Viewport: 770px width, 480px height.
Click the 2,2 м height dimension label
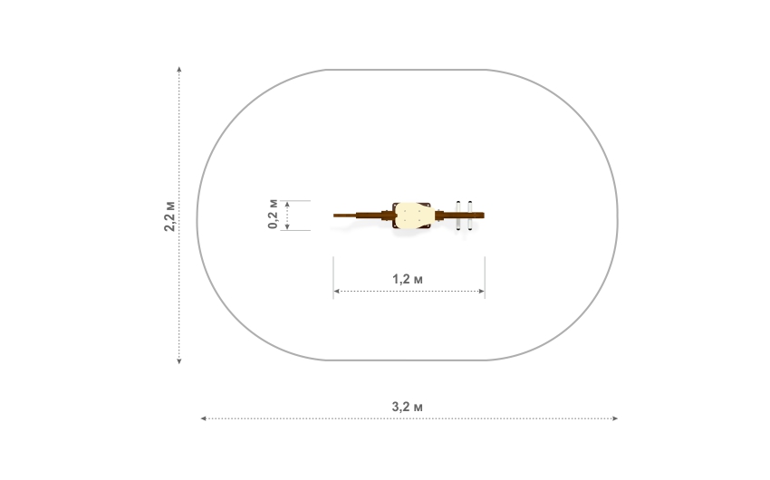coord(169,216)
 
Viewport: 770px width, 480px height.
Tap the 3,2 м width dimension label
coord(407,407)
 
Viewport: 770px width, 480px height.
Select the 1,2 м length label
coord(407,279)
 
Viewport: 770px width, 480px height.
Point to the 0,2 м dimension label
coord(273,214)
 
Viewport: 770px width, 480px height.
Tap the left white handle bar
coord(458,216)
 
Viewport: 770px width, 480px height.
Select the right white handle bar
coord(470,216)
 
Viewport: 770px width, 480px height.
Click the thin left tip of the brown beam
coord(334,216)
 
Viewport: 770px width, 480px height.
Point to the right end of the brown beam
coord(483,216)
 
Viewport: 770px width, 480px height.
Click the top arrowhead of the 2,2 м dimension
coord(179,69)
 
